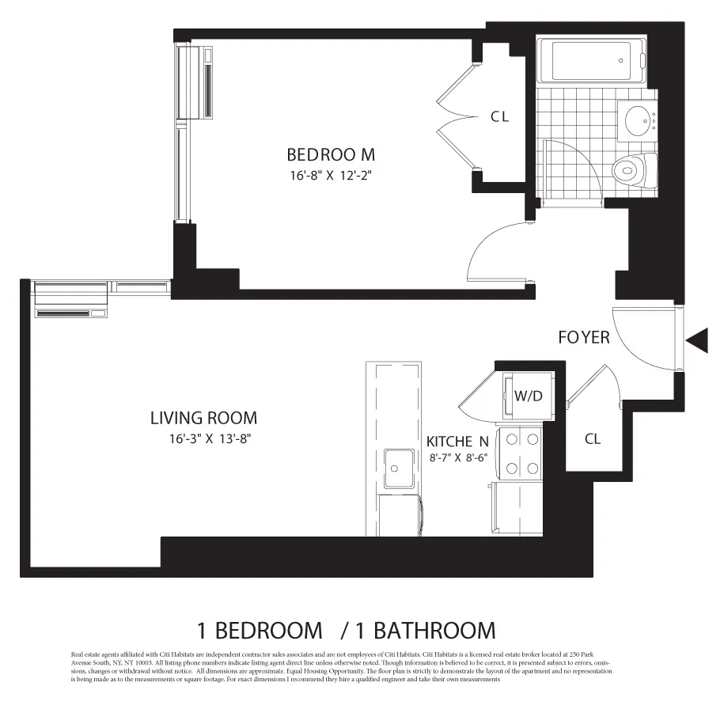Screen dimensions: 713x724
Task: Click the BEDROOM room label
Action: (330, 154)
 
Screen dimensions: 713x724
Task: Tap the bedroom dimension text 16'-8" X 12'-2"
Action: (330, 175)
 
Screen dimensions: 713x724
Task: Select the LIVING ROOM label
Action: (203, 418)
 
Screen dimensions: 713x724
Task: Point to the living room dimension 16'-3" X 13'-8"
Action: (204, 438)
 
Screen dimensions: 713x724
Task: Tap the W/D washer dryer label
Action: (528, 396)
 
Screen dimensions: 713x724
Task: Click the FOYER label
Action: (583, 338)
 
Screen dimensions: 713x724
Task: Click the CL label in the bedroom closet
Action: (499, 117)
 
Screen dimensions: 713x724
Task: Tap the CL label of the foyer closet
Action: (592, 438)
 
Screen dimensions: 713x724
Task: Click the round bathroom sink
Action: (639, 121)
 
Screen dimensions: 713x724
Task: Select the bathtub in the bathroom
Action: (591, 61)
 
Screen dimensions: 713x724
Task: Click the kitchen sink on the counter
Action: (399, 468)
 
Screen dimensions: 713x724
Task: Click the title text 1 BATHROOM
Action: (425, 631)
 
